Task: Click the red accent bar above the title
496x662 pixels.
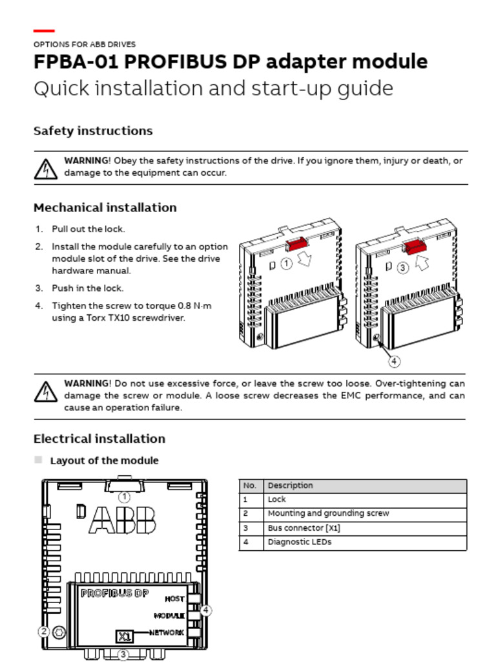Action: [44, 30]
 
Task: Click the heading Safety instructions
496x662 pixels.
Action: [93, 131]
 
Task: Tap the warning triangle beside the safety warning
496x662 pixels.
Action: [45, 168]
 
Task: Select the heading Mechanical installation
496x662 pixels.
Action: [105, 208]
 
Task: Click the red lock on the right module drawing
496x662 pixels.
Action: [415, 245]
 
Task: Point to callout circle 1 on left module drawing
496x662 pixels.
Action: [286, 264]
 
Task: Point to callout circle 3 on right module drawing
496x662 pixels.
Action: [403, 268]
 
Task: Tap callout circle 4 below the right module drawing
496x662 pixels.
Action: [393, 361]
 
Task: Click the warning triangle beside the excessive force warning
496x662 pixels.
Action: [45, 391]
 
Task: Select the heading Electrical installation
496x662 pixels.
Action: [99, 438]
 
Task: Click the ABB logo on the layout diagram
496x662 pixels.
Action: [122, 520]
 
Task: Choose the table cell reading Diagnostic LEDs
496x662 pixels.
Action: [299, 542]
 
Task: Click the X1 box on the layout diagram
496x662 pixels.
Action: [124, 635]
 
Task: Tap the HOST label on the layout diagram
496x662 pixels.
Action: [174, 599]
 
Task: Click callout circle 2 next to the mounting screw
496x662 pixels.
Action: [44, 632]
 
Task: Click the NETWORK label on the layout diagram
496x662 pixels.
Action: [167, 632]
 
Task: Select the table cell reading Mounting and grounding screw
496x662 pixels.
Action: [328, 513]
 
